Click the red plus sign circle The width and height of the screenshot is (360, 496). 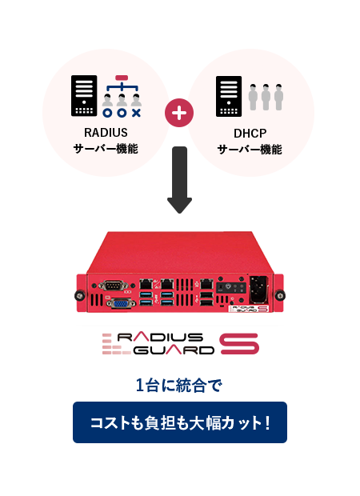(x=179, y=113)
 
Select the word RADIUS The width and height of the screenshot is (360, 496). (x=106, y=132)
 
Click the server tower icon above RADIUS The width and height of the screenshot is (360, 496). (x=84, y=96)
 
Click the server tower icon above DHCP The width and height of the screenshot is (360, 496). (x=228, y=96)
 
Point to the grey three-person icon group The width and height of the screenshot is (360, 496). (x=266, y=96)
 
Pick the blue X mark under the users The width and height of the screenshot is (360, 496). (x=136, y=114)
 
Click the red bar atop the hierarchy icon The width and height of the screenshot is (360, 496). (x=122, y=78)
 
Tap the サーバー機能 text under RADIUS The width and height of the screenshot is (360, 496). (x=106, y=149)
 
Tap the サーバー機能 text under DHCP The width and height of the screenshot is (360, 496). (x=250, y=149)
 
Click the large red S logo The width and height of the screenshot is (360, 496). (x=239, y=344)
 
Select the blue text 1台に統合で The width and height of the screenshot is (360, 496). (x=178, y=386)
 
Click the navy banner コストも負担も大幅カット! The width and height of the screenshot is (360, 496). (x=179, y=422)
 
